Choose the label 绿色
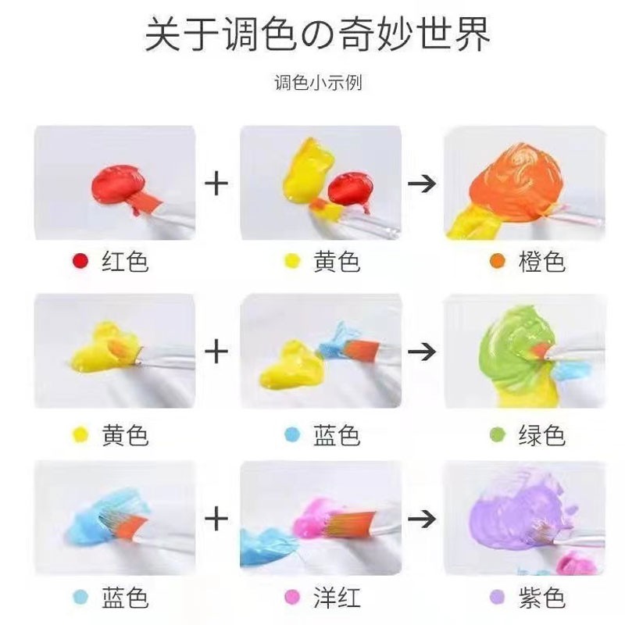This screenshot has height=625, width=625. coord(541,434)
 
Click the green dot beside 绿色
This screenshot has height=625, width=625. coord(497,435)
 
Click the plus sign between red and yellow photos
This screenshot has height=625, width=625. coord(216,184)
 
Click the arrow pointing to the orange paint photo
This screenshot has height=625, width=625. coord(423,184)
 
